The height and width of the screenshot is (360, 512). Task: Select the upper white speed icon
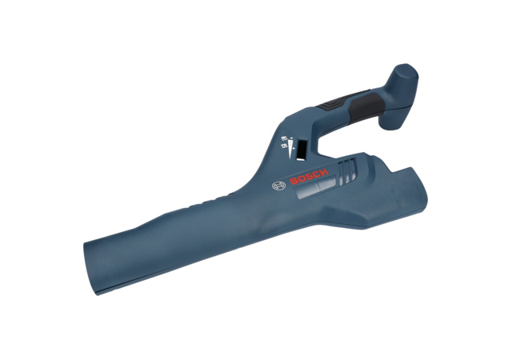(x=283, y=139)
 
